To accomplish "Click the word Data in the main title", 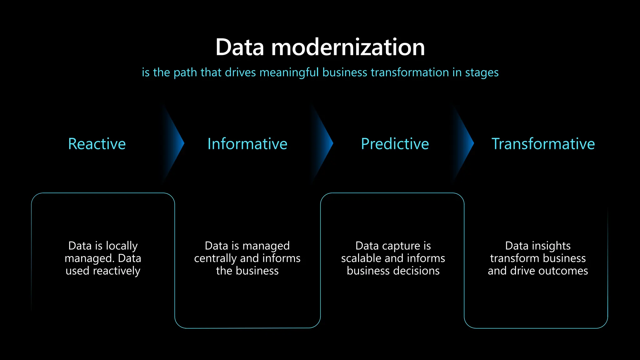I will [x=240, y=47].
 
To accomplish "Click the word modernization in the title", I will [x=348, y=47].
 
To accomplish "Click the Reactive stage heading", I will [x=97, y=144].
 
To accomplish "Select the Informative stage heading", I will [x=247, y=144].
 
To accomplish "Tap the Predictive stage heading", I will [x=395, y=144].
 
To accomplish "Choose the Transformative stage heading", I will [x=543, y=144].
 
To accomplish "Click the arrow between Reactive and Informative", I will [x=175, y=144].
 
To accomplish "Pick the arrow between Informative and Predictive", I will [x=324, y=144].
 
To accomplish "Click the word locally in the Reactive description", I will [x=121, y=246].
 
